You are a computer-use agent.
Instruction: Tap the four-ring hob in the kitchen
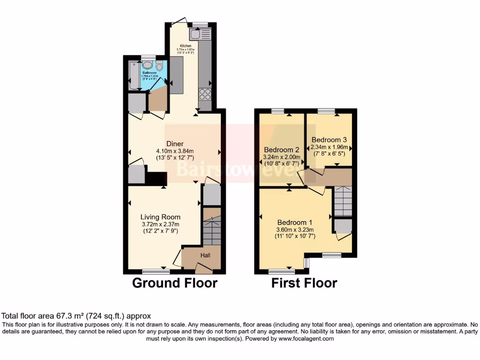[x=205, y=94]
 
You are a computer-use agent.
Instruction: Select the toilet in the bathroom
[x=159, y=66]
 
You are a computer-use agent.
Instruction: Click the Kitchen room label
[x=185, y=46]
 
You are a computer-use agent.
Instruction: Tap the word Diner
[x=175, y=143]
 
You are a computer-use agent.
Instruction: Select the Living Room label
[x=160, y=217]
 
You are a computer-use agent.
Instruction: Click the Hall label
[x=206, y=255]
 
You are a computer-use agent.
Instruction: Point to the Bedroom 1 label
[x=295, y=222]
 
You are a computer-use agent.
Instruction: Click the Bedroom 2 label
[x=281, y=150]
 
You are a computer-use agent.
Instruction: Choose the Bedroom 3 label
[x=329, y=140]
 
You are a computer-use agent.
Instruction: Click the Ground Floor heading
[x=174, y=283]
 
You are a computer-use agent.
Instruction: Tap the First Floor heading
[x=304, y=283]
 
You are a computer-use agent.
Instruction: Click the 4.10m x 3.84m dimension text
[x=175, y=151]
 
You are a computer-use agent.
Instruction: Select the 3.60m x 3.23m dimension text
[x=295, y=230]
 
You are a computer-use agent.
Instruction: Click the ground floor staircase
[x=212, y=227]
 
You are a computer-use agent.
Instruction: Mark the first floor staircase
[x=343, y=201]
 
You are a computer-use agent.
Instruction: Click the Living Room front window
[x=156, y=271]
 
